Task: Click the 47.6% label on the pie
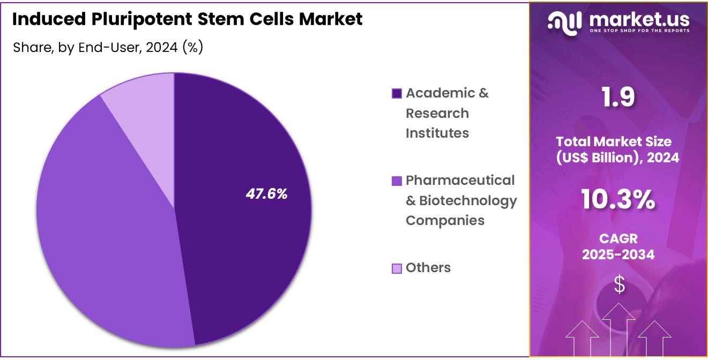tap(266, 194)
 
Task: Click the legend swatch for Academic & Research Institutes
tap(397, 94)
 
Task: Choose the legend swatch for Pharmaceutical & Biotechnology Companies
tap(397, 181)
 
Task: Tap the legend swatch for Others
tap(397, 268)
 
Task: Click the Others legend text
tap(428, 268)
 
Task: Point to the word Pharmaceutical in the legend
tap(460, 181)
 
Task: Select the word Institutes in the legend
tap(437, 133)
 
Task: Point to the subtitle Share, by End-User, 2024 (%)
tap(107, 47)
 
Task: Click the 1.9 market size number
tap(618, 97)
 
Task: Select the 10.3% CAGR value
tap(618, 200)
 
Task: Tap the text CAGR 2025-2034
tap(618, 246)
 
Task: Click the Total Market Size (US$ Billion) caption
tap(618, 149)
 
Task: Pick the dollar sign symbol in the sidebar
tap(619, 284)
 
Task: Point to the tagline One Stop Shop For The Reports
tap(639, 31)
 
